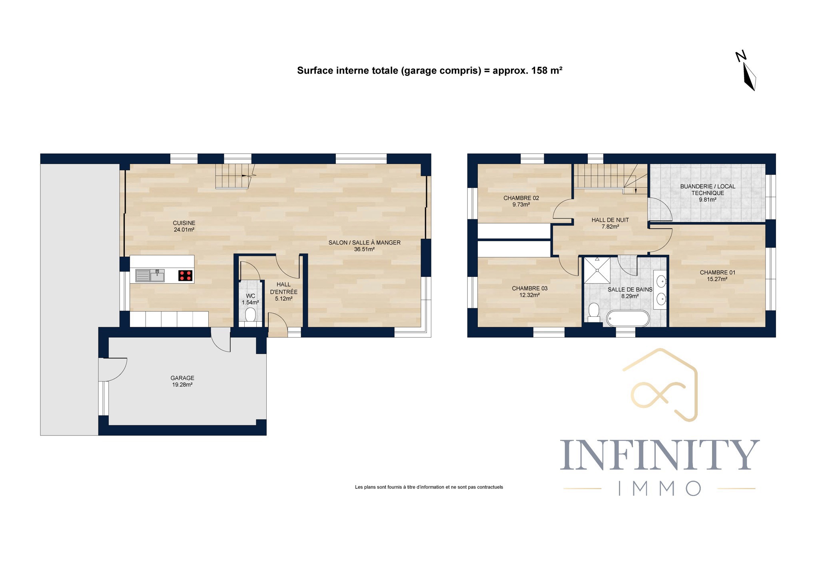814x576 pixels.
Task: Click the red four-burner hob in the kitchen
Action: click(x=185, y=276)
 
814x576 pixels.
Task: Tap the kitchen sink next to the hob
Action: click(x=150, y=276)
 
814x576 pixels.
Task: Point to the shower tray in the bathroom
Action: click(x=597, y=270)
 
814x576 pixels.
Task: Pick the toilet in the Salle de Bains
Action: click(x=594, y=312)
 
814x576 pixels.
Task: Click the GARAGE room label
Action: click(x=182, y=378)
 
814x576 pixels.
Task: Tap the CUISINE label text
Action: click(x=184, y=223)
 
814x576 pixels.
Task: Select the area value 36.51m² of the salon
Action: click(x=364, y=250)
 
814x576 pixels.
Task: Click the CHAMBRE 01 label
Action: click(x=717, y=273)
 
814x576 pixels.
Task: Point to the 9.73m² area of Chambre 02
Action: click(x=521, y=205)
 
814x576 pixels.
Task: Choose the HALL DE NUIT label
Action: click(x=610, y=220)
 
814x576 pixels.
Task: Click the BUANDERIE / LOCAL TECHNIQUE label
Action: click(x=708, y=190)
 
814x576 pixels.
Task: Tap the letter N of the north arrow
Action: click(x=741, y=56)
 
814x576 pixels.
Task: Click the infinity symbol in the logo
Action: click(x=658, y=394)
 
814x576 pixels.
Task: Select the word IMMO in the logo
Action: click(x=660, y=488)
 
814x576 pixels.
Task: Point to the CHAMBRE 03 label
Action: click(x=530, y=288)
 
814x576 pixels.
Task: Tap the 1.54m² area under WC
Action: click(x=250, y=303)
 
